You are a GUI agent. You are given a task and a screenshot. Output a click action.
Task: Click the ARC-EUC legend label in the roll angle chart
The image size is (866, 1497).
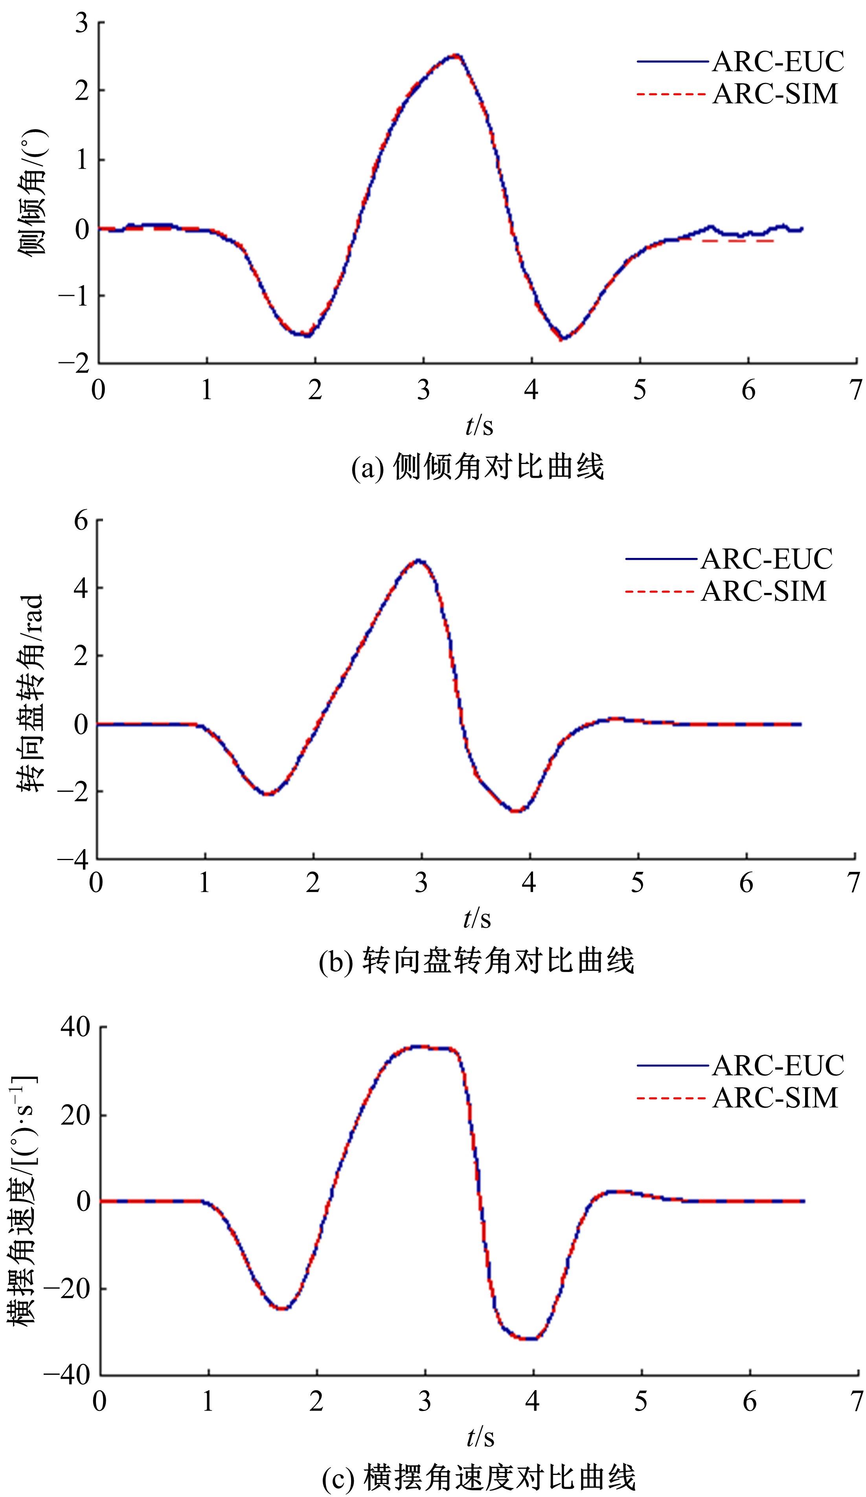click(778, 61)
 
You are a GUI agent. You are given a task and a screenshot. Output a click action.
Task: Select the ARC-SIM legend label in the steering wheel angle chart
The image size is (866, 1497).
click(764, 591)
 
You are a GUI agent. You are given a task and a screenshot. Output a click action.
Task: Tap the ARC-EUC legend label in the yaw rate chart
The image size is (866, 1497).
click(778, 1065)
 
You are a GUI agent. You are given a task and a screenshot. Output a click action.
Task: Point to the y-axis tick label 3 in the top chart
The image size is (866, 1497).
click(81, 23)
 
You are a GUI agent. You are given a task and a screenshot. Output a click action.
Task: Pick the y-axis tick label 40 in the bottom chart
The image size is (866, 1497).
click(75, 1027)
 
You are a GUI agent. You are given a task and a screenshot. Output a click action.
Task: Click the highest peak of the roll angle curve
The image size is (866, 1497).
click(456, 55)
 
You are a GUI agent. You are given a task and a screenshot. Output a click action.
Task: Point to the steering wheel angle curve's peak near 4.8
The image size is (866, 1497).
click(419, 560)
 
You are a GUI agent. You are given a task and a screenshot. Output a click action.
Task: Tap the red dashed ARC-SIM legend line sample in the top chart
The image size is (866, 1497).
click(671, 94)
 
